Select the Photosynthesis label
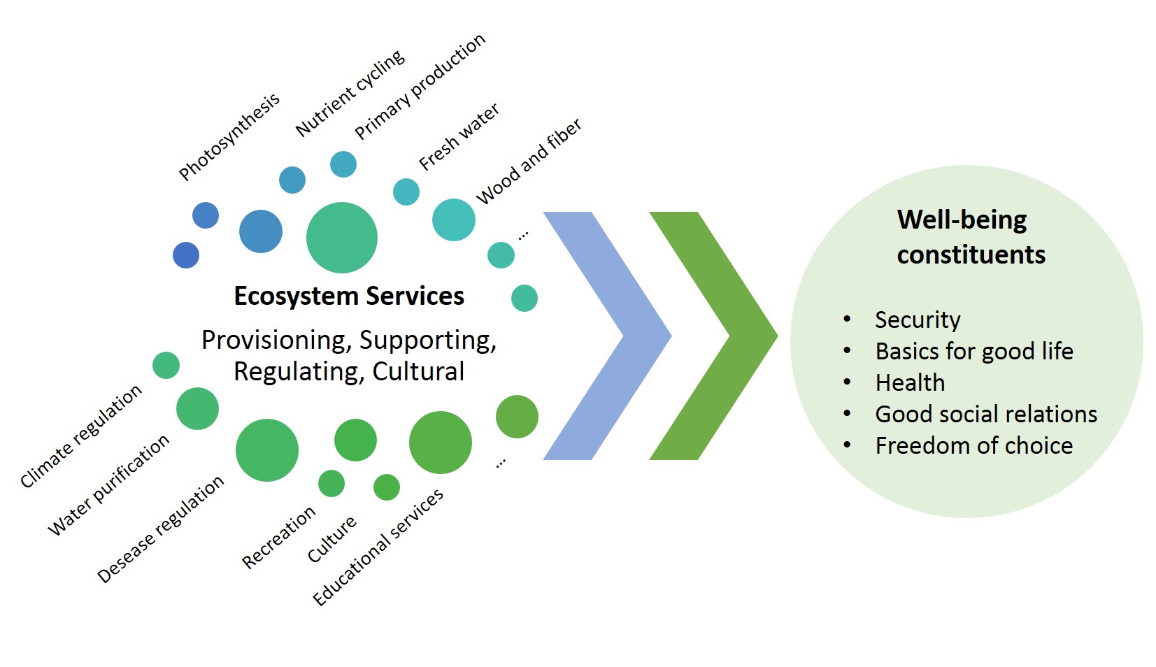(x=229, y=137)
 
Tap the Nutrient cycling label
(x=350, y=93)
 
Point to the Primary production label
(x=420, y=86)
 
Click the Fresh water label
(x=459, y=137)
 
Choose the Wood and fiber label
(x=529, y=162)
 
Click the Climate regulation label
(x=81, y=436)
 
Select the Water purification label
(x=108, y=485)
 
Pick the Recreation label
(x=278, y=537)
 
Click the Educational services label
(x=378, y=547)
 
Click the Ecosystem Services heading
(x=349, y=296)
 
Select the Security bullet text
(x=918, y=320)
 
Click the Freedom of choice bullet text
(x=973, y=445)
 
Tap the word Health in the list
(x=910, y=382)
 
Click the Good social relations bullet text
(x=986, y=414)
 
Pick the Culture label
(x=332, y=538)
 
